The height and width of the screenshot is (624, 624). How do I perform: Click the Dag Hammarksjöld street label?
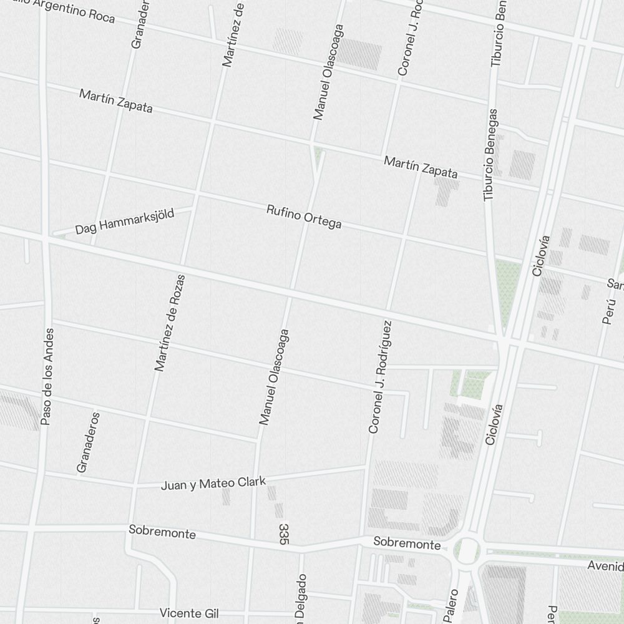124,222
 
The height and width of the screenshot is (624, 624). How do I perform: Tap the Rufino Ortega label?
304,216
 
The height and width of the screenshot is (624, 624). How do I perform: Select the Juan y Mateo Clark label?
213,484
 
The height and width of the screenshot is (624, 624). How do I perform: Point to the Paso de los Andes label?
47,377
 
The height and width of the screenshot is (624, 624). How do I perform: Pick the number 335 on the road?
284,535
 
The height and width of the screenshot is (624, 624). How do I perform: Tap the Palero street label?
451,605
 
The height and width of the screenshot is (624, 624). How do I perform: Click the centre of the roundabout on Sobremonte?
466,550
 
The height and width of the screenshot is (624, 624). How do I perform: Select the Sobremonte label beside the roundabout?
407,543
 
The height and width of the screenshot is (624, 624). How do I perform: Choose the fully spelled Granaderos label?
88,442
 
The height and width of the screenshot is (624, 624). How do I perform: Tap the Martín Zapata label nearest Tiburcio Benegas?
421,167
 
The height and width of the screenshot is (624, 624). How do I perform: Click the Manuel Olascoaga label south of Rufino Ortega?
275,377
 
